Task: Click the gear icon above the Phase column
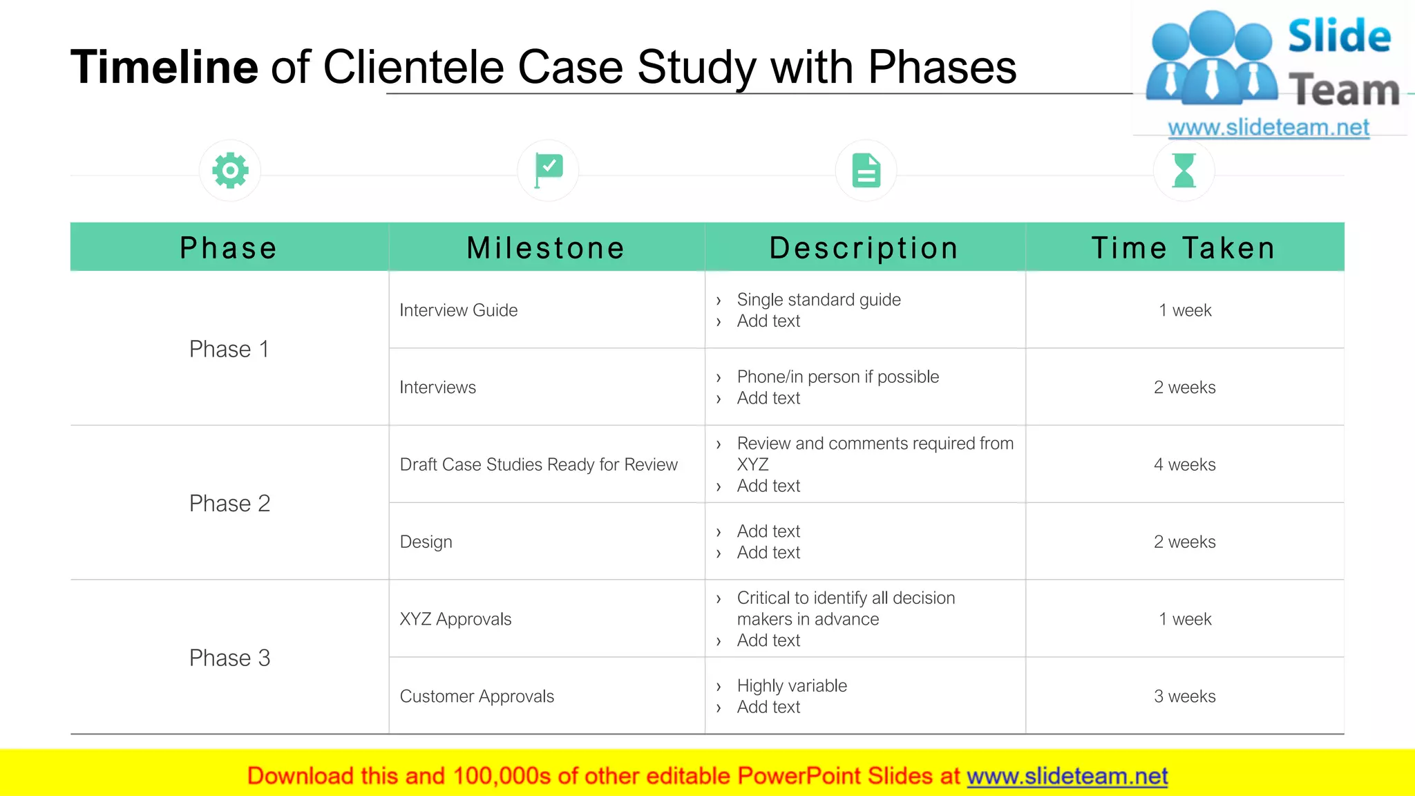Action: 230,170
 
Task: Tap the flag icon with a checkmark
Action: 549,170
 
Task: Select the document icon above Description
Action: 866,170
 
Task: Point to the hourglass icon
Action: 1184,170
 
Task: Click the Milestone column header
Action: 546,248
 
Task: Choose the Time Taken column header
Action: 1184,248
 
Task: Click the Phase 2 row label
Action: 229,504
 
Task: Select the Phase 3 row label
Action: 229,658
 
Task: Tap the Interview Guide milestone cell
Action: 459,310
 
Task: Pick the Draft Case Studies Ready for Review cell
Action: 538,464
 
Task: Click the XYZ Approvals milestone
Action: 455,619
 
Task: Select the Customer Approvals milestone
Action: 477,696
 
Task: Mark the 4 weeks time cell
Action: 1184,464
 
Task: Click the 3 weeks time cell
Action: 1184,696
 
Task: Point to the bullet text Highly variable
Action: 792,685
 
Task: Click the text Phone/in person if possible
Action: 837,377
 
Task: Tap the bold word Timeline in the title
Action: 164,67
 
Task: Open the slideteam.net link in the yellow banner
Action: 1067,776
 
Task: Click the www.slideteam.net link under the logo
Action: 1268,127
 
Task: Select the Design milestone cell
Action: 426,542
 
